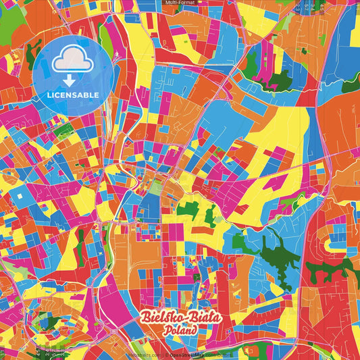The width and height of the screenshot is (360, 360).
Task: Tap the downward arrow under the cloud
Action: tap(68, 79)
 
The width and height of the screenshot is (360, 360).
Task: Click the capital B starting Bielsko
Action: tap(145, 317)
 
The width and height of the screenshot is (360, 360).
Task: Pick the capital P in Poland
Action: tap(166, 331)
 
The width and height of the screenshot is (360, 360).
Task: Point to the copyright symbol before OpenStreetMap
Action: tap(167, 354)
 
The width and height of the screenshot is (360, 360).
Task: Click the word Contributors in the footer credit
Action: tap(216, 354)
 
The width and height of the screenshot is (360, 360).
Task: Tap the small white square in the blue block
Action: tap(21, 196)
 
